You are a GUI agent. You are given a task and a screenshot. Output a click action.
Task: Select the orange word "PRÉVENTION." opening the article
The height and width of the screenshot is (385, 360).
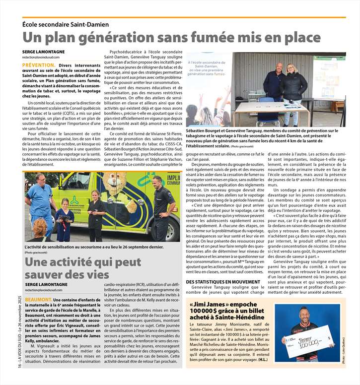(x=39, y=65)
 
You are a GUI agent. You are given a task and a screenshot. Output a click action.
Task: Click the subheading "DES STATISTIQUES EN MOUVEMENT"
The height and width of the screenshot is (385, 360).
(x=223, y=282)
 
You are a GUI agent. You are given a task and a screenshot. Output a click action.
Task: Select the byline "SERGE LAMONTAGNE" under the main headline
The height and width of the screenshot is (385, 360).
(x=44, y=52)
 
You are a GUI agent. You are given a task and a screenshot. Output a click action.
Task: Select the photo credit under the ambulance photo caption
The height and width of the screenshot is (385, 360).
(x=37, y=253)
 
